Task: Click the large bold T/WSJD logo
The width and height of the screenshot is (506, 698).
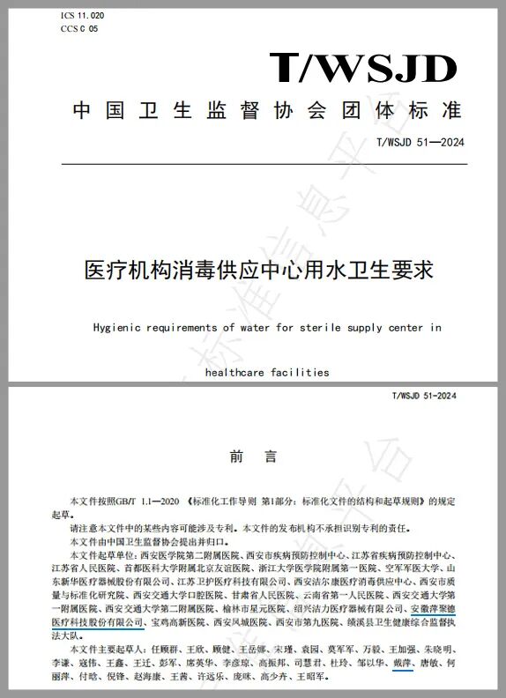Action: (x=362, y=68)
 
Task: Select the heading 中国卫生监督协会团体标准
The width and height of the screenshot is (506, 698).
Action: (x=267, y=111)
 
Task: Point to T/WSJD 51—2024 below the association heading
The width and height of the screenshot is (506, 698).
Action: (x=420, y=143)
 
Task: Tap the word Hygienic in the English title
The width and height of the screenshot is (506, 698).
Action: (x=121, y=327)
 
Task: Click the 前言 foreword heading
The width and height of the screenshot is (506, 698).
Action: (x=253, y=457)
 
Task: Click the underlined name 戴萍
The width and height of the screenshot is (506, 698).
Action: (x=401, y=662)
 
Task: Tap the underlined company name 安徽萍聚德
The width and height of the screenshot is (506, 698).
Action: (x=434, y=608)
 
